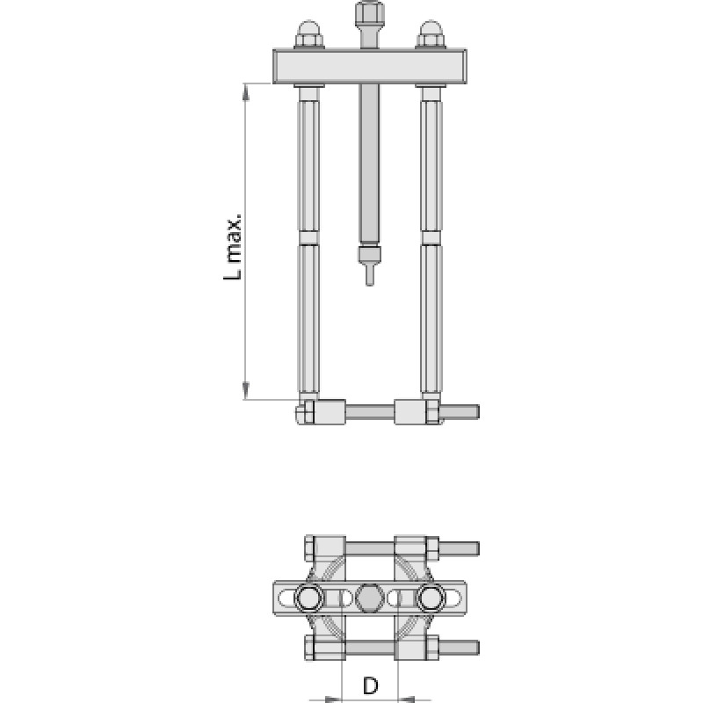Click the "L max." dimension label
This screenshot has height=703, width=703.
(x=233, y=248)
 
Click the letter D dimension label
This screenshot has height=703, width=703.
(x=370, y=685)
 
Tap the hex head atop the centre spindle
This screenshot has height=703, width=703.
(x=369, y=14)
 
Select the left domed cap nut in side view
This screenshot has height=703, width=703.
(x=309, y=34)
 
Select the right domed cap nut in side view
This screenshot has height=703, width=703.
(x=431, y=34)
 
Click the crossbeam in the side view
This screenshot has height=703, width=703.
(x=370, y=67)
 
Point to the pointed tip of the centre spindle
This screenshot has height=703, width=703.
(x=369, y=283)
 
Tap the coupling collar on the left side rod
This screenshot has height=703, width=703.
(x=308, y=237)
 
